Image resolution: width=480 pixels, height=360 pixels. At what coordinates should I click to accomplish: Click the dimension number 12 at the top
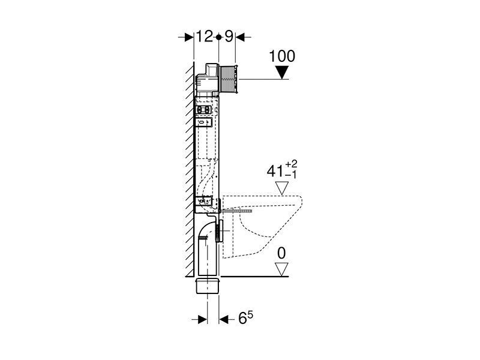click(x=204, y=37)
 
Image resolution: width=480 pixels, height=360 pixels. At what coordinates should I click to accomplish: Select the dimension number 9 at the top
click(x=229, y=37)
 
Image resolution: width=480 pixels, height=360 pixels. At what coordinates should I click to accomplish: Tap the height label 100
click(x=282, y=56)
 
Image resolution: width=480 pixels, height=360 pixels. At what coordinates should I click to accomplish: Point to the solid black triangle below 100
click(x=282, y=73)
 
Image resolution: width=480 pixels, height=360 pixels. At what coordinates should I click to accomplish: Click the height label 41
click(x=275, y=171)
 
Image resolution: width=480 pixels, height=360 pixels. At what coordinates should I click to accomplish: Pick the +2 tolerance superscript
click(x=291, y=164)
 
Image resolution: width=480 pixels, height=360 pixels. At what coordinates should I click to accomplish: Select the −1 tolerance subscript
click(x=291, y=175)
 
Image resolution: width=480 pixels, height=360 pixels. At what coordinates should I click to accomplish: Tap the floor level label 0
click(x=281, y=253)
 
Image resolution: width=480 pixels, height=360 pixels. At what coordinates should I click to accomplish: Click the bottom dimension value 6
click(x=242, y=319)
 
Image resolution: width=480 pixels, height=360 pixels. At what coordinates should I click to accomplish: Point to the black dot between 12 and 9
click(x=218, y=37)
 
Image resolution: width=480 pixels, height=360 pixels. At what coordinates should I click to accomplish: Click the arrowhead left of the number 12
click(x=188, y=37)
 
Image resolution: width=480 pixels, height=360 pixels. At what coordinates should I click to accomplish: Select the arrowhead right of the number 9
click(x=241, y=37)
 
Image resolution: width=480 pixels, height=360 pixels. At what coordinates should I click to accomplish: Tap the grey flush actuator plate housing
click(x=229, y=79)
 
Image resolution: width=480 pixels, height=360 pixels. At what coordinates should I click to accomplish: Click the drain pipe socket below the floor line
click(x=207, y=286)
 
